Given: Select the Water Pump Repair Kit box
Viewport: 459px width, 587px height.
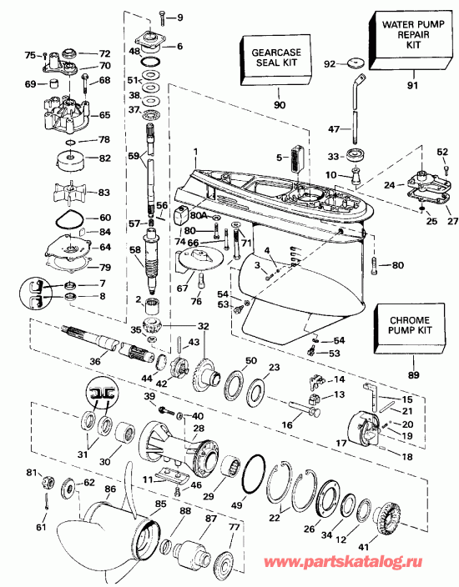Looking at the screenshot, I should (410, 43).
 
